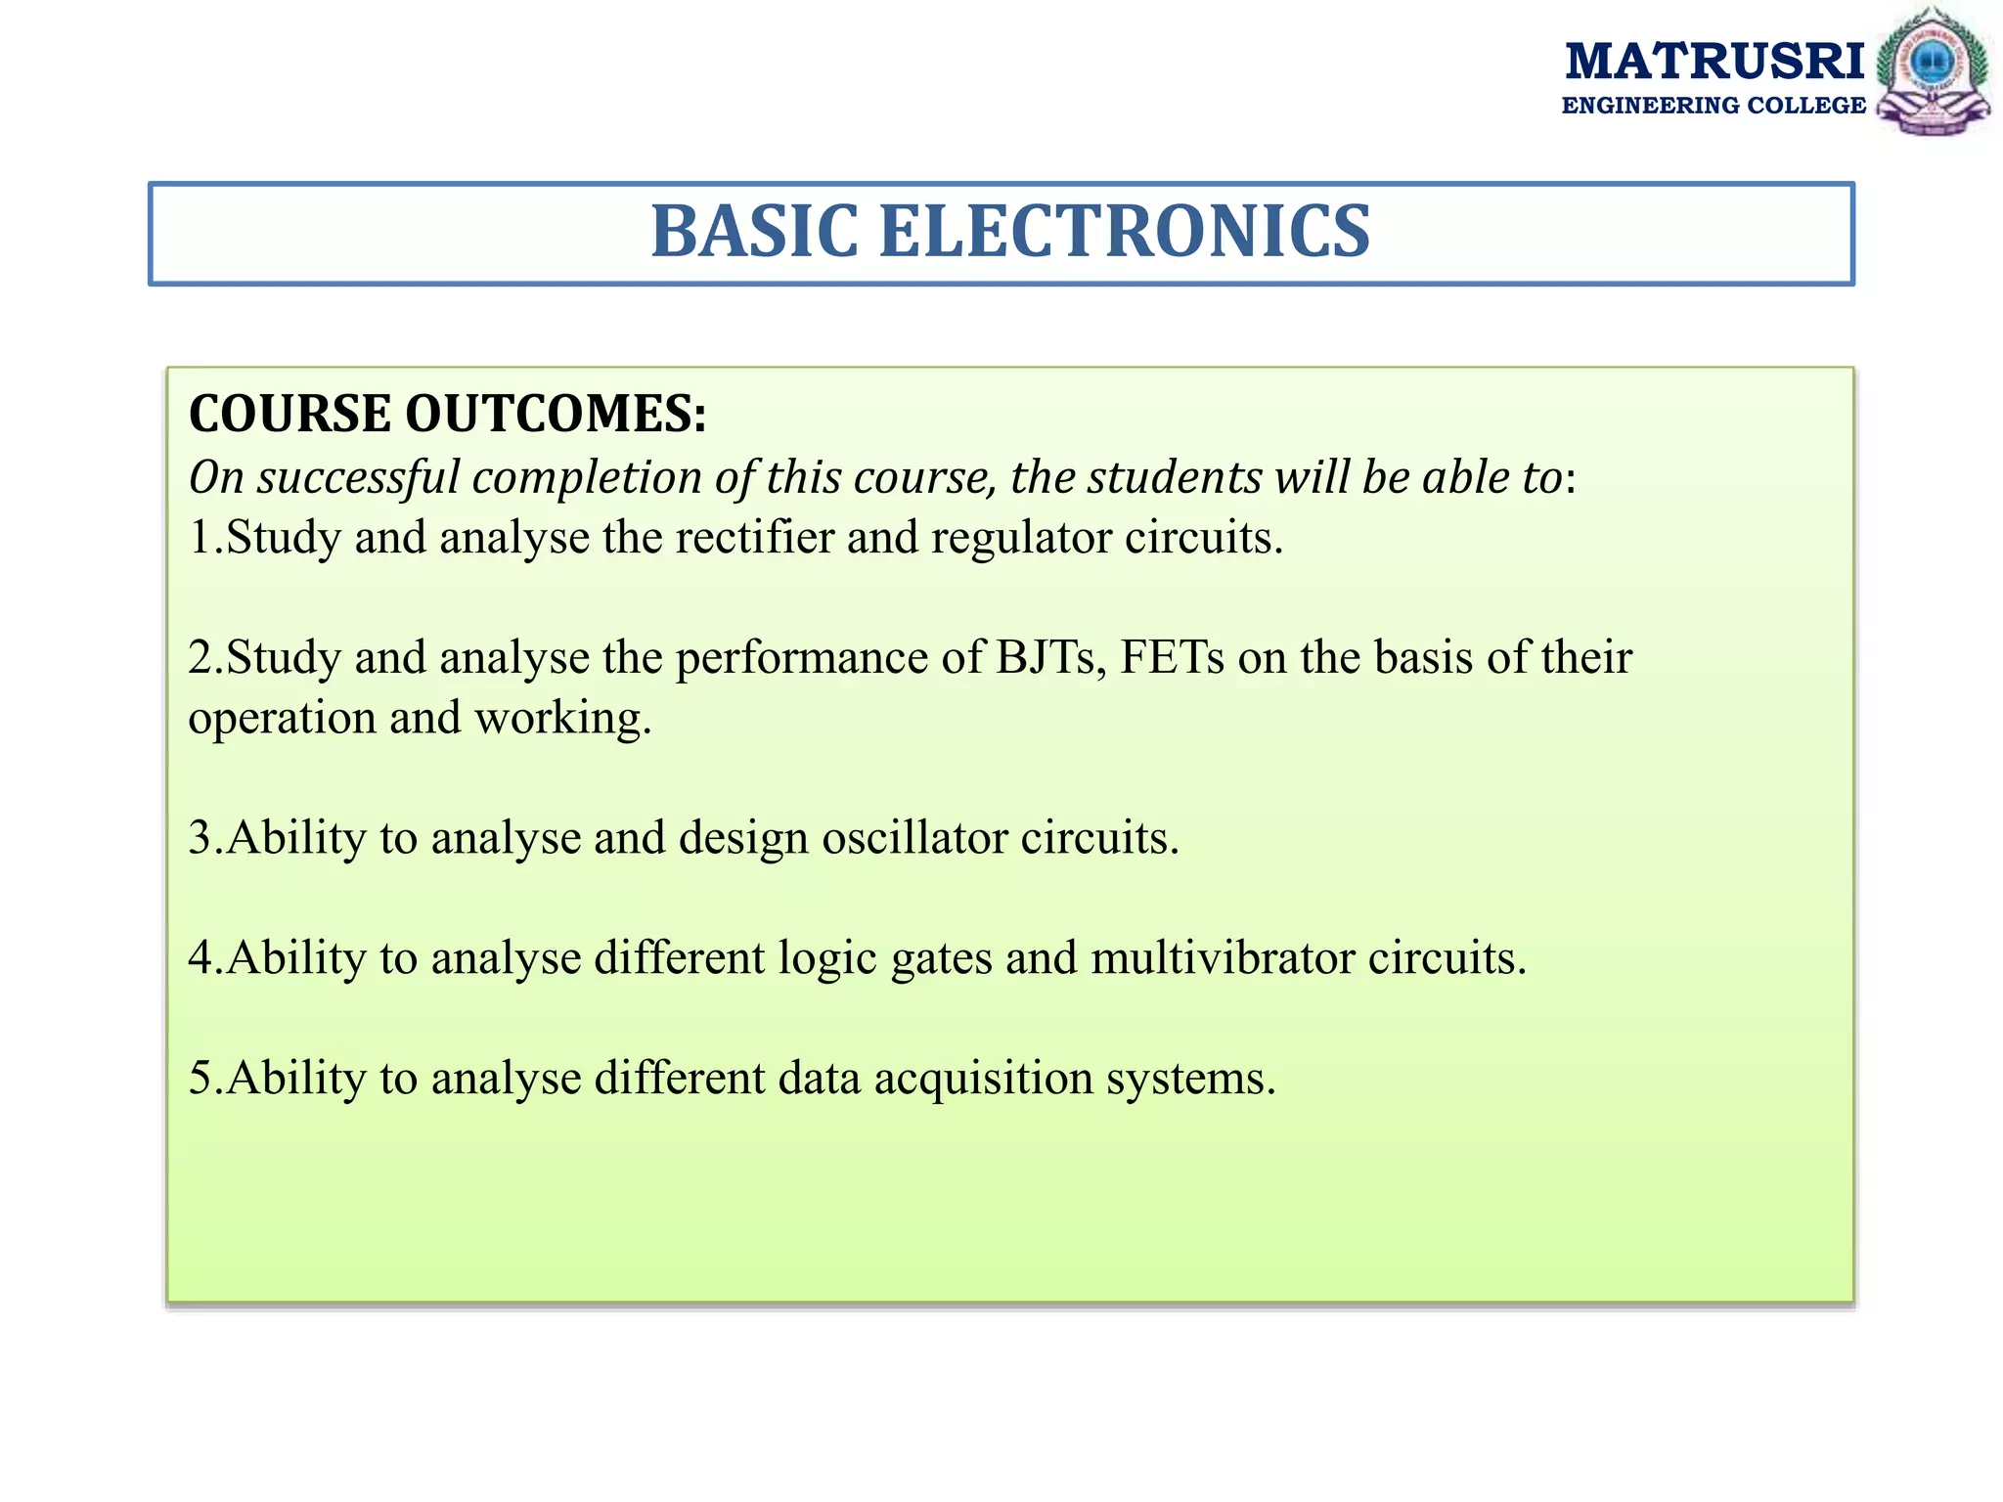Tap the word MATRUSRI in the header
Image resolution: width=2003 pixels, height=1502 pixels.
click(x=1714, y=61)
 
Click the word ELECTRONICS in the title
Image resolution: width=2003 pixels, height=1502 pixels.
click(x=1125, y=233)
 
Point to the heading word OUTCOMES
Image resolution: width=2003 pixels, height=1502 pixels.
click(x=555, y=414)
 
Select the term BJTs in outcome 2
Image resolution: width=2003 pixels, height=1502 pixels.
click(x=1051, y=657)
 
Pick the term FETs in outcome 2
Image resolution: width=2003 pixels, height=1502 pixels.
click(x=1172, y=657)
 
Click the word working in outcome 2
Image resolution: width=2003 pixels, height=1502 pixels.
click(x=562, y=720)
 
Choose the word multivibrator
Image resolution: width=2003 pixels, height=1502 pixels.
click(x=1223, y=958)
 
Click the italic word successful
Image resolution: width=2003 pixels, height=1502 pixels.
click(x=358, y=478)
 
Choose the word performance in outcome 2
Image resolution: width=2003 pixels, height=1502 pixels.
click(x=802, y=659)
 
